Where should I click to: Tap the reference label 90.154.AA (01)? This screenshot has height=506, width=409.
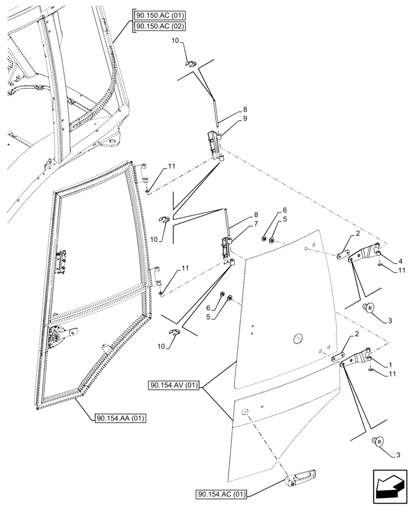coord(119,418)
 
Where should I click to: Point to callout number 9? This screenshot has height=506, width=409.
coord(245,118)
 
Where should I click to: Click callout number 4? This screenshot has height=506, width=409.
coord(400,261)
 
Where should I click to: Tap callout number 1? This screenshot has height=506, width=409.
coord(391,364)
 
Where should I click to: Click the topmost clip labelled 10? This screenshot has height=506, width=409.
coord(190,63)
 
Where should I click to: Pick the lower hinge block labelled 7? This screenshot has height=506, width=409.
coord(226,249)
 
